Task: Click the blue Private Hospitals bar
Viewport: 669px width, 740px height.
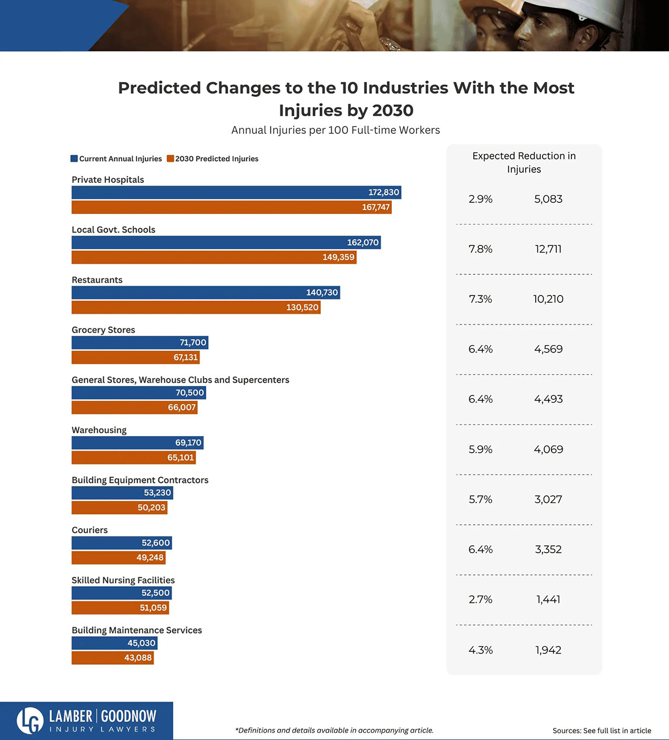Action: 236,192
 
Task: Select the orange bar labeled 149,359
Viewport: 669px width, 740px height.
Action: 214,257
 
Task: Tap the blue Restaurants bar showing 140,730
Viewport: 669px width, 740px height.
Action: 206,293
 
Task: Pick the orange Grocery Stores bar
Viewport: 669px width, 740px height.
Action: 135,357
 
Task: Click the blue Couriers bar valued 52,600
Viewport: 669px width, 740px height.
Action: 122,543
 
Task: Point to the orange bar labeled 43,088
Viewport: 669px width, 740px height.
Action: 113,658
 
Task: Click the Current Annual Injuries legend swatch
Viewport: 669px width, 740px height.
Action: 74,159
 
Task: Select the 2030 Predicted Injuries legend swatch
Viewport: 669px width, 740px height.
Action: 171,159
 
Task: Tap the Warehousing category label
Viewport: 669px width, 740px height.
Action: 99,430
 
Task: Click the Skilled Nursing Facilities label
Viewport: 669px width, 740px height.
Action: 123,580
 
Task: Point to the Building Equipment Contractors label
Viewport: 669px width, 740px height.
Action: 140,480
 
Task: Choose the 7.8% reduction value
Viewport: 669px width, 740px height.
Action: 481,249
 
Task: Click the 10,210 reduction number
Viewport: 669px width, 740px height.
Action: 548,299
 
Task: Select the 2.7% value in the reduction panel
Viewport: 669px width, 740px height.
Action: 481,600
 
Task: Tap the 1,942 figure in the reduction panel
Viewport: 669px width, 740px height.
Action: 548,650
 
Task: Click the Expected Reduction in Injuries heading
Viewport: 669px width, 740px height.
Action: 524,162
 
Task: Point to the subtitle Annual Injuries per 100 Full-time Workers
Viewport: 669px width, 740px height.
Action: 336,130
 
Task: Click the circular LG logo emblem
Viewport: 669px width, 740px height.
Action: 30,720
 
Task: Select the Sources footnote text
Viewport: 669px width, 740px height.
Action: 602,731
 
